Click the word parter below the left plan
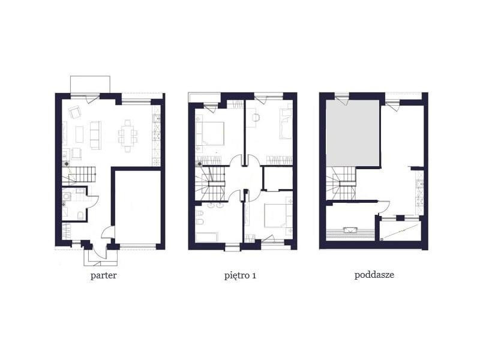(103, 275)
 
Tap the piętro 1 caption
(241, 275)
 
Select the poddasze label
(374, 275)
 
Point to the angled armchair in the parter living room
(74, 112)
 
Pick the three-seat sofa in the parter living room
(95, 135)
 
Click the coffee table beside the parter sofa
(79, 134)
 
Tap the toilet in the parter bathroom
(80, 215)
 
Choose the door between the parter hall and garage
(108, 232)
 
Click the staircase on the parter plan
(79, 176)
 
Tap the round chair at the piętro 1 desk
(256, 117)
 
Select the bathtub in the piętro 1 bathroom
(207, 238)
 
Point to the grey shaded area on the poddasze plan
(353, 133)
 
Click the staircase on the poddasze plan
(341, 184)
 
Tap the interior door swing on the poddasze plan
(384, 207)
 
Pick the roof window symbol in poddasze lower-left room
(350, 230)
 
